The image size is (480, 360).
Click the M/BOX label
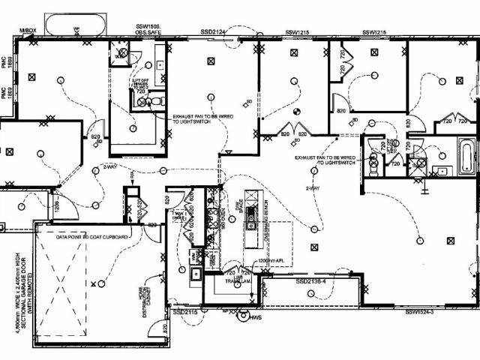click(x=28, y=30)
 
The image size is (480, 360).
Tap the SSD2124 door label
click(x=213, y=31)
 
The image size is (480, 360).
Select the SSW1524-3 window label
click(x=420, y=311)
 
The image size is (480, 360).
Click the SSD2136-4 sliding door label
click(x=312, y=280)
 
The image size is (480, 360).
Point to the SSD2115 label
click(x=184, y=311)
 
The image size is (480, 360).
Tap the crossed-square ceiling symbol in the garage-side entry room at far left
click(x=9, y=151)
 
